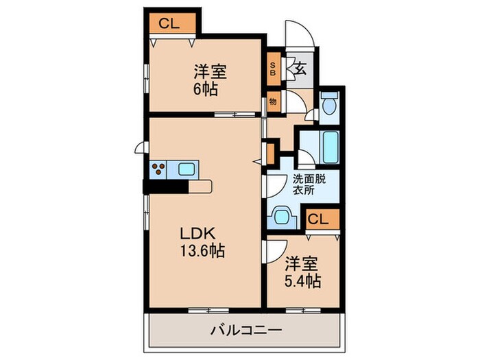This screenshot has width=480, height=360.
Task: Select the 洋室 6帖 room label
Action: coord(210,80)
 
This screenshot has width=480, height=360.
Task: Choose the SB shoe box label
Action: coord(273,69)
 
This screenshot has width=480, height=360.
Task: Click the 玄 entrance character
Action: coord(299,68)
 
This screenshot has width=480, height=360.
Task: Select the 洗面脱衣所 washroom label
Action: coord(309,185)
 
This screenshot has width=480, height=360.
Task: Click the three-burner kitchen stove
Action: coord(158,169)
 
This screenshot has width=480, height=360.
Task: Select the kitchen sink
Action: coord(187,169)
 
